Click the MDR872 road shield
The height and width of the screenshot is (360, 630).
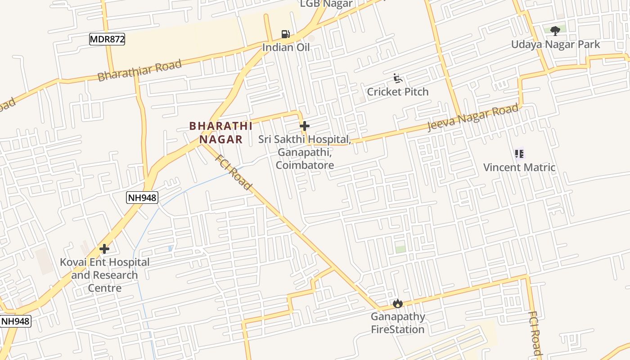point(107,39)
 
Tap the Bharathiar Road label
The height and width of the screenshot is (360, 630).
point(139,70)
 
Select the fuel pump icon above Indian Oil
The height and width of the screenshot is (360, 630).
point(285,34)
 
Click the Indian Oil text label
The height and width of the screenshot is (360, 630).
point(286,47)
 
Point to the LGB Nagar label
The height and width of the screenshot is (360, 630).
point(326,4)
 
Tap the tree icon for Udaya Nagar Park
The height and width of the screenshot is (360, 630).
point(555,31)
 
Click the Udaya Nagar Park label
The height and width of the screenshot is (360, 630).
point(555,45)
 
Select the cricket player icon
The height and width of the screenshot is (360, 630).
point(397,79)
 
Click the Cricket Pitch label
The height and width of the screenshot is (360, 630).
point(397,92)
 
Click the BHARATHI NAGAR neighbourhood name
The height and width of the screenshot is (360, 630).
point(221,133)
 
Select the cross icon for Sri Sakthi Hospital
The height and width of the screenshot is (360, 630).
point(305,126)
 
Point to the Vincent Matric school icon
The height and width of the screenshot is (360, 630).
point(519,154)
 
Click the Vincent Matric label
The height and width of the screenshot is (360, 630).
point(519,167)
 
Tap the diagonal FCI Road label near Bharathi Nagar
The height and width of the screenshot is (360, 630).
point(233,172)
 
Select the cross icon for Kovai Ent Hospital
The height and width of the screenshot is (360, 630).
point(104,248)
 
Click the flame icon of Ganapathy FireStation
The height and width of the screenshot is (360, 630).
point(397,304)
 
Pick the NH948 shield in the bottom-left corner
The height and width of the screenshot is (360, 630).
point(15,321)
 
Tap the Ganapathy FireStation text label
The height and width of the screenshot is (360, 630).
point(397,323)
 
